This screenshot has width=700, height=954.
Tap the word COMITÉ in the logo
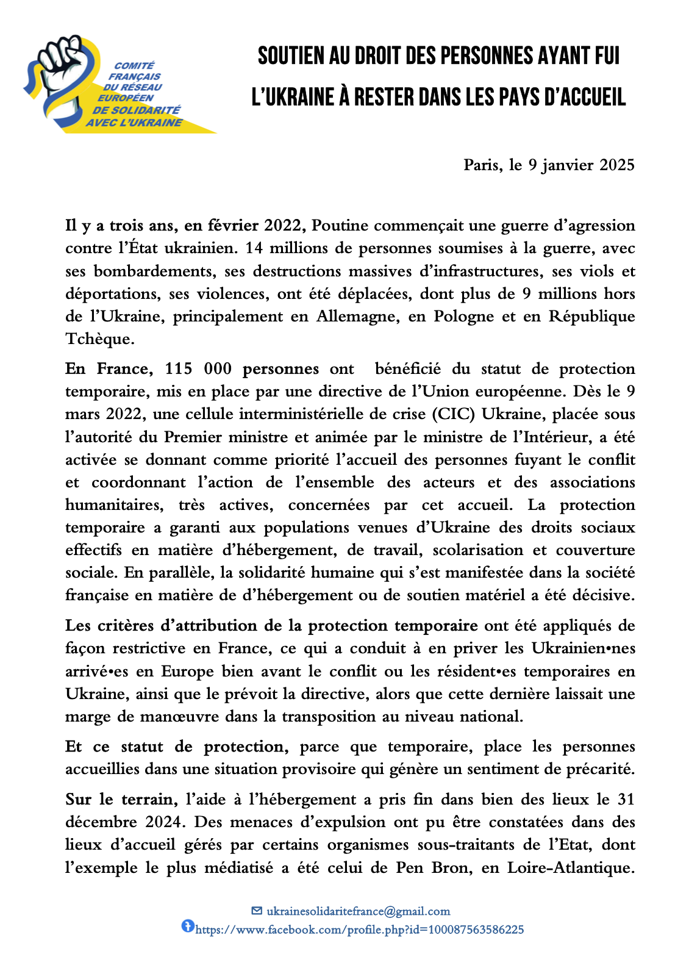135,66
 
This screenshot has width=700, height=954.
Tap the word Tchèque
99,339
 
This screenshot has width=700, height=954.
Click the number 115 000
198,369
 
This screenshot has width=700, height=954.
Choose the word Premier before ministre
194,437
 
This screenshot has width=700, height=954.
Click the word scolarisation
478,550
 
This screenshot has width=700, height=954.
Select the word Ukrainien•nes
584,648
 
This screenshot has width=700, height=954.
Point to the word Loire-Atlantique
570,867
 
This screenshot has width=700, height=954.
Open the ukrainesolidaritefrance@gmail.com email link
358,911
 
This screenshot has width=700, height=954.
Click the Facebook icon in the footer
187,927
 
